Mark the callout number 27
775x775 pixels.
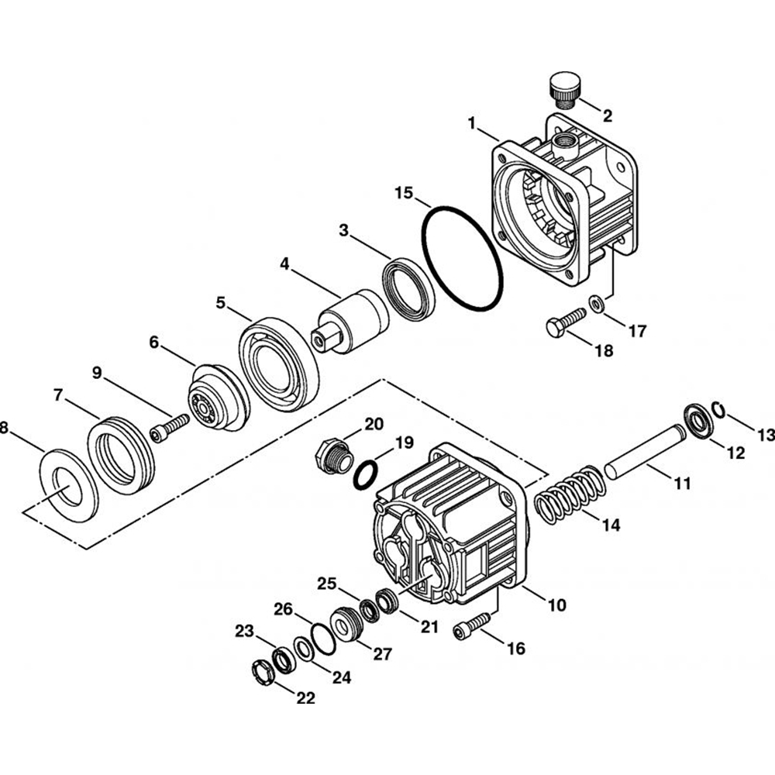pos(382,655)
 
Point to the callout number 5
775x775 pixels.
pos(221,303)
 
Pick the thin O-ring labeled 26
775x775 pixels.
pos(319,639)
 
